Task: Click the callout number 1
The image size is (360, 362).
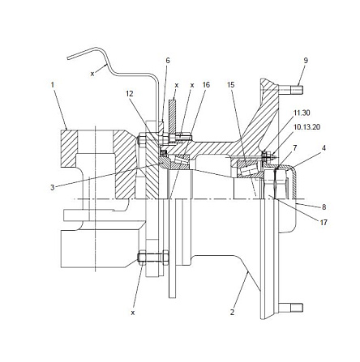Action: pos(53,85)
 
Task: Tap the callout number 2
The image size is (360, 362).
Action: pos(232,313)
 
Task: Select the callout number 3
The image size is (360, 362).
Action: pos(53,187)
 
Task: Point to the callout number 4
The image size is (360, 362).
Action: pos(324,148)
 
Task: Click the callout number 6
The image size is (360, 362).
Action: pos(168,61)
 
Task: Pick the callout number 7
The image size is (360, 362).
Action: pos(295,148)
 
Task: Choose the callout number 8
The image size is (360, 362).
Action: pos(324,207)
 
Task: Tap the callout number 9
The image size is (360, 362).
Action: pos(306,61)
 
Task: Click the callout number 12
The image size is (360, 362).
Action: pos(130,94)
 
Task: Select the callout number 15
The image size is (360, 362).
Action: pos(231,85)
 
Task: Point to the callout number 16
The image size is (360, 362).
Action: pos(206,85)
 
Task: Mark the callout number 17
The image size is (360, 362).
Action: pos(324,222)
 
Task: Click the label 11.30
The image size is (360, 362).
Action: pos(302,113)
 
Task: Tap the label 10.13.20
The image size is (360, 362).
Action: pos(306,126)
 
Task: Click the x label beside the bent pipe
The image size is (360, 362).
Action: pos(92,74)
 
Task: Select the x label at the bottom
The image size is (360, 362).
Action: pos(133,313)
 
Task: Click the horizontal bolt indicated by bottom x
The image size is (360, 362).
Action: pos(153,258)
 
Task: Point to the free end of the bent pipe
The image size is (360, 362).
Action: pos(68,57)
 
